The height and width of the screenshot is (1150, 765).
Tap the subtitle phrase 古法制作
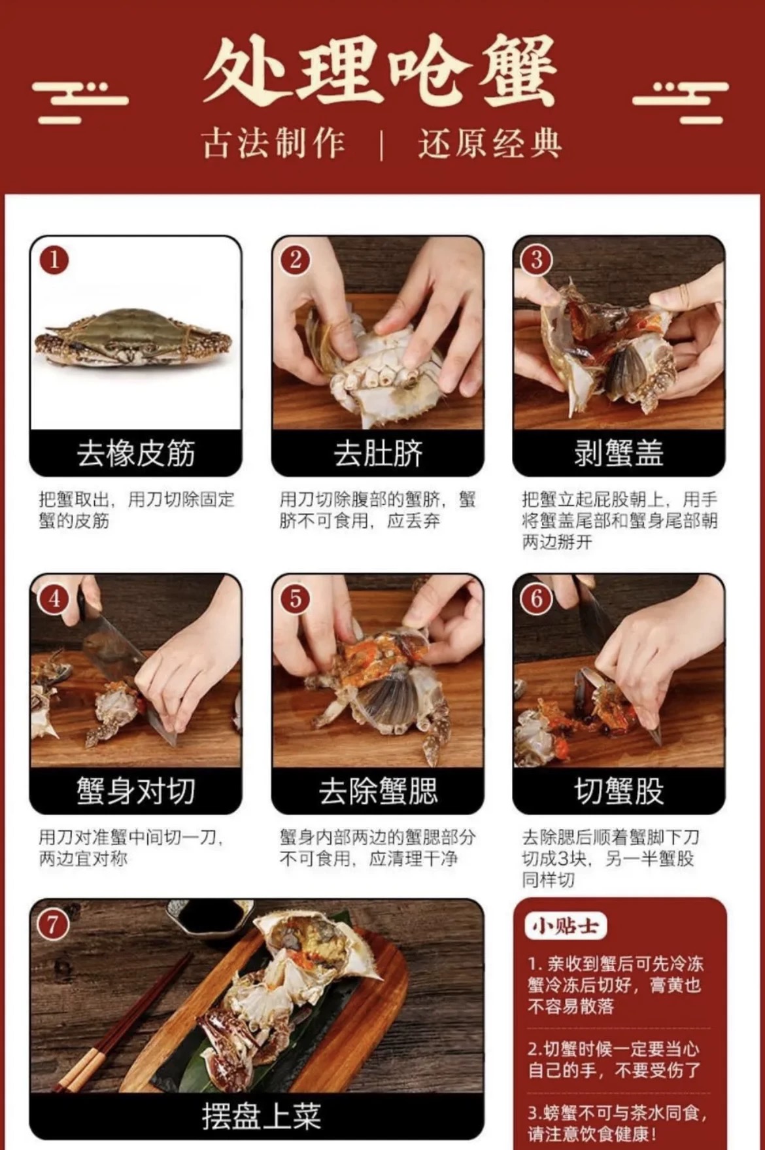pyautogui.click(x=273, y=143)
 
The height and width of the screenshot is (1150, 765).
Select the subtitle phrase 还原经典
pyautogui.click(x=490, y=143)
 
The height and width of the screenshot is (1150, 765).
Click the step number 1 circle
pyautogui.click(x=54, y=260)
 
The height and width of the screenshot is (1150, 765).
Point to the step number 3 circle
pyautogui.click(x=536, y=260)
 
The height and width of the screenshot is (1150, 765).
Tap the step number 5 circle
pyautogui.click(x=295, y=599)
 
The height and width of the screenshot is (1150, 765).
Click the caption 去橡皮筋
pyautogui.click(x=136, y=453)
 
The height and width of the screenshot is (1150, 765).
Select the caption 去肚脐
pyautogui.click(x=378, y=453)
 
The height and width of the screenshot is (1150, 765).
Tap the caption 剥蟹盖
pyautogui.click(x=619, y=453)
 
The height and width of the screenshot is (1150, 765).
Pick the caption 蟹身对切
pyautogui.click(x=136, y=791)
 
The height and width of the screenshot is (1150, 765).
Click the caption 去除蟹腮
pyautogui.click(x=378, y=791)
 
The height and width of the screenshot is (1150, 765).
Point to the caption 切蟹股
pyautogui.click(x=619, y=791)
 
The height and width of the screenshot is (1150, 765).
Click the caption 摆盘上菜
pyautogui.click(x=261, y=1116)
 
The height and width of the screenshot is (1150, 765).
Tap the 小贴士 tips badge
pyautogui.click(x=566, y=926)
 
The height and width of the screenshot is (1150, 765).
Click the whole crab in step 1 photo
pyautogui.click(x=133, y=339)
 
